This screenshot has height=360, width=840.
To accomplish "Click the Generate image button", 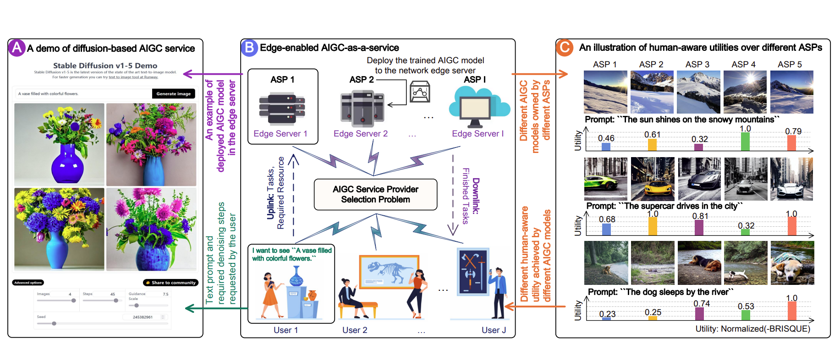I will (173, 93).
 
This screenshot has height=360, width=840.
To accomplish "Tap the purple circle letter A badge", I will (17, 48).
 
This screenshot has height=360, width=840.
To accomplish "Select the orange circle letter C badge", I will (565, 48).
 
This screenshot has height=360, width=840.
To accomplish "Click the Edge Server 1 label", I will (280, 134).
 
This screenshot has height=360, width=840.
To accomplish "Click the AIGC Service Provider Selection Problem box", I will (375, 194).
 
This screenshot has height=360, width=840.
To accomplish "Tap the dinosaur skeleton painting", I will (389, 272).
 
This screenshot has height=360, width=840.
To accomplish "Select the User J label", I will (494, 330).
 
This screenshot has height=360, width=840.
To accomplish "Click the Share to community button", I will (171, 283).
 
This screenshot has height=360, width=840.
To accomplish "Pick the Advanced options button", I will (28, 283).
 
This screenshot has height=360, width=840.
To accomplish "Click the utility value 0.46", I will (606, 138).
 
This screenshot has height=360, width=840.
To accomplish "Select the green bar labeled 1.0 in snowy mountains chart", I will (745, 142).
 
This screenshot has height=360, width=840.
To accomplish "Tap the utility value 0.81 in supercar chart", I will (700, 216).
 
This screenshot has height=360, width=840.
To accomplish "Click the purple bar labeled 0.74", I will (699, 314).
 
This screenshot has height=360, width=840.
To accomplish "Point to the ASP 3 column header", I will (697, 65).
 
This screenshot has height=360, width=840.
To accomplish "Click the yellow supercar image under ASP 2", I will (653, 179).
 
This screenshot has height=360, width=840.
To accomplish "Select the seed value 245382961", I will (143, 317).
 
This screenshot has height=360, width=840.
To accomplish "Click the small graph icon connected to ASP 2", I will (420, 92).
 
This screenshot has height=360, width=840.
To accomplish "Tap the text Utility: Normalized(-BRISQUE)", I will (752, 329).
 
